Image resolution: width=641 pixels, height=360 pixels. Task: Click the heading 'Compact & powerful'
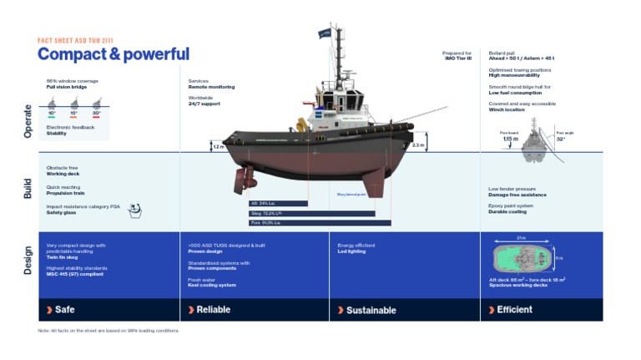click(114, 54)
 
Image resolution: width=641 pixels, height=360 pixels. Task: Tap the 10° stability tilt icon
click(52, 104)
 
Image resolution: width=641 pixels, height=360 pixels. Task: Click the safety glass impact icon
click(134, 211)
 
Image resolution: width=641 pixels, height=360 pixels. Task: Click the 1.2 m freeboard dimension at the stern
click(218, 147)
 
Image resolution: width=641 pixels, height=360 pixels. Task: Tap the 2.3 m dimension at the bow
click(418, 145)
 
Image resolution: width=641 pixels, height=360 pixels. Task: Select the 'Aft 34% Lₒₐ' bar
click(279, 203)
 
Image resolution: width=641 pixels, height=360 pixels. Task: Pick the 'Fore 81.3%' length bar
click(320, 223)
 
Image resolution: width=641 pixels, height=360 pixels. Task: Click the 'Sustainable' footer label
click(371, 310)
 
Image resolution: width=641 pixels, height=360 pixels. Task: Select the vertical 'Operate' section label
click(28, 120)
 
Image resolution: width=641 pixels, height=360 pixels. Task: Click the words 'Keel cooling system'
click(212, 285)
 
